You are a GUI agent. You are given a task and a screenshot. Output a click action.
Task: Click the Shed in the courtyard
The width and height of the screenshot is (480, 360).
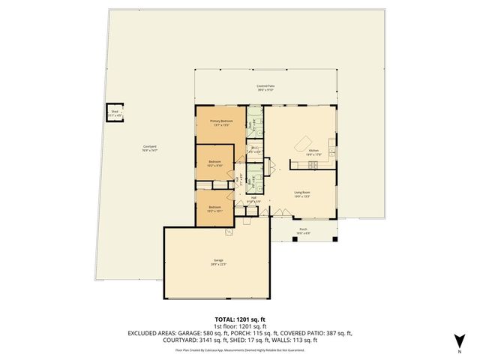click(115, 115)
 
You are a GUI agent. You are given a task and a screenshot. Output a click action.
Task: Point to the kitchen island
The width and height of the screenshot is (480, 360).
click(304, 143)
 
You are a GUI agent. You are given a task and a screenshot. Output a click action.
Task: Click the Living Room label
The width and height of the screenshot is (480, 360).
click(302, 193)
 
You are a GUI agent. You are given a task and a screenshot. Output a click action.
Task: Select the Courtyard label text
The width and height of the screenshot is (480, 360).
click(150, 148)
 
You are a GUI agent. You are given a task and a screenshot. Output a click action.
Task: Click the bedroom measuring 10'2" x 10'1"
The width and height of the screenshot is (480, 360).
click(216, 209)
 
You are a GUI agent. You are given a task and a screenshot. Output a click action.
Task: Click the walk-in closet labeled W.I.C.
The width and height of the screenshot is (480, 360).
click(254, 149)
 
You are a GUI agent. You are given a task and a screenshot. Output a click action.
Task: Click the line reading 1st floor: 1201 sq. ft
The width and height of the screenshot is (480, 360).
click(239, 326)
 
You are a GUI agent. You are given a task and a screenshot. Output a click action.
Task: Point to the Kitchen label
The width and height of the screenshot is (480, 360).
click(313, 152)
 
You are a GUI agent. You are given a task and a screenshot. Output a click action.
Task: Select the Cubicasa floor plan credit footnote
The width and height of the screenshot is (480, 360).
click(239, 349)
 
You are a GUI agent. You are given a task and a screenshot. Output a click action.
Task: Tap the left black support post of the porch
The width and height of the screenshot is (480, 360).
click(272, 241)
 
